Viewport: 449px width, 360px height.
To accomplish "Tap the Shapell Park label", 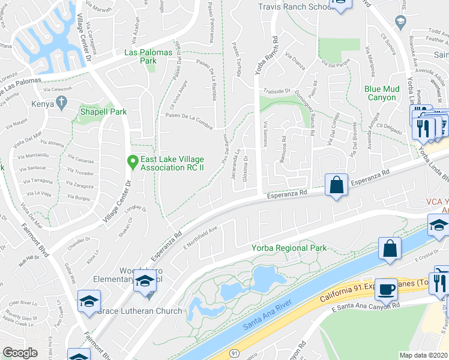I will [x=104, y=112].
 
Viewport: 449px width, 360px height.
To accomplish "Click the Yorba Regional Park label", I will [x=289, y=248].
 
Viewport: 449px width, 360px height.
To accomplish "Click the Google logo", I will [x=20, y=353].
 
